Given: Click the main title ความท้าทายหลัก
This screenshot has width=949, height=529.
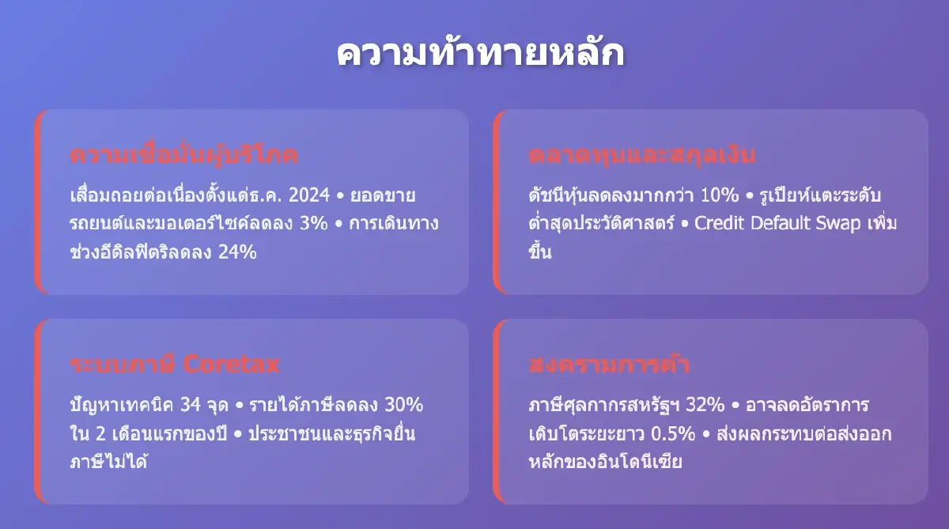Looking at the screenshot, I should point(480,55).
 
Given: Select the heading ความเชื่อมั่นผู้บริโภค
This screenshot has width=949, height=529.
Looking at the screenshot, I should point(183,154).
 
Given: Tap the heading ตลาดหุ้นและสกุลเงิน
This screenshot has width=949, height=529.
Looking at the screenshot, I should point(642,154).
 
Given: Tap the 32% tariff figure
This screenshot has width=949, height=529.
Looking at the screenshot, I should point(705,406).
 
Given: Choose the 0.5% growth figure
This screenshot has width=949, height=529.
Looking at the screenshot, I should point(674,434).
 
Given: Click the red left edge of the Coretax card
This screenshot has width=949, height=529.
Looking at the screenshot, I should point(37,411).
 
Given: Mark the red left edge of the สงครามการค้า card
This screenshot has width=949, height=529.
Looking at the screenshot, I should point(496,411).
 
